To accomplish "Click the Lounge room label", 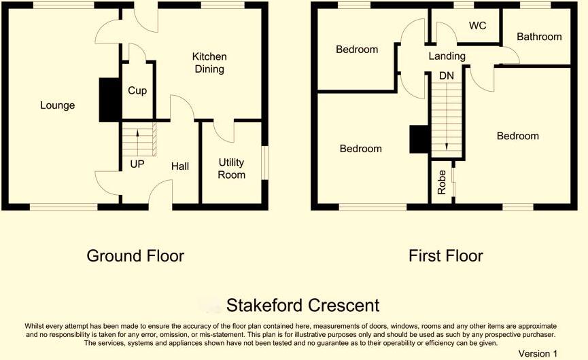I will pos(57,105).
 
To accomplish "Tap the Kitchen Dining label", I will pos(209,62).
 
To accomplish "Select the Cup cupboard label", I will pos(137,90).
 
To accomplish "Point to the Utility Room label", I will pos(232,168).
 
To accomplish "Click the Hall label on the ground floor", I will pos(180,166).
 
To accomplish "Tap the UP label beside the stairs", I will pos(137,164).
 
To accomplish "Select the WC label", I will pos(477,26).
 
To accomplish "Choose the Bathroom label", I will pos(539,37).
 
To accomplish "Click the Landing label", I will pos(447,56).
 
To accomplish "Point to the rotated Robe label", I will pos(442,182).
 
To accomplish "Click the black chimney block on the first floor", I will pos(419,141).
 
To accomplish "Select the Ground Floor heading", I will pos(135,256).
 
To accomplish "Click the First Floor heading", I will pos(446,256).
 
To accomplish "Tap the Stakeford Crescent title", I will pos(302,305).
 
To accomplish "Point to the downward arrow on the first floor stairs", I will pos(446,129).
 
